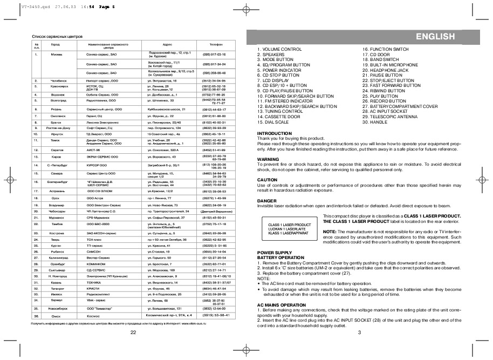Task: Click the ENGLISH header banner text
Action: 435,37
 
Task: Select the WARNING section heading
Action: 268,159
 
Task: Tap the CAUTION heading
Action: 267,179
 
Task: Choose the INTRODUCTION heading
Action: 275,133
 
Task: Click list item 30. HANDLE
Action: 375,122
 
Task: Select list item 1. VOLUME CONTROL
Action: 279,49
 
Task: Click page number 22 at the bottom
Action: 133,332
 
